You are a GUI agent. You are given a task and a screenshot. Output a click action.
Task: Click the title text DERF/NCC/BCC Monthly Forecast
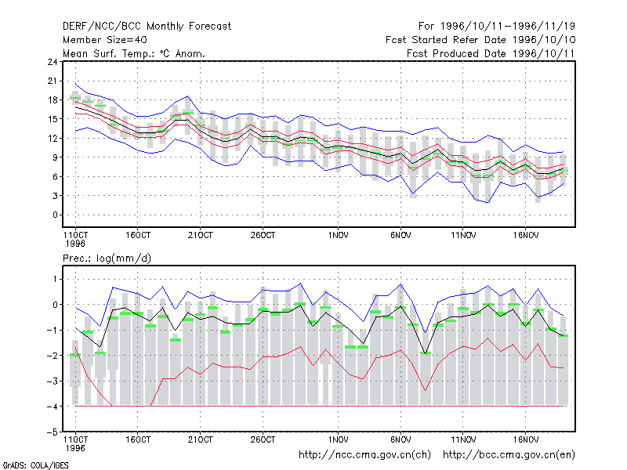click(x=147, y=27)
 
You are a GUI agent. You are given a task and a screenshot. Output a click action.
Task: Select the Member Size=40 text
click(x=105, y=40)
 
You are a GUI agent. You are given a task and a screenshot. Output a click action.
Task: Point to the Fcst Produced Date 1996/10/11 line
click(x=491, y=53)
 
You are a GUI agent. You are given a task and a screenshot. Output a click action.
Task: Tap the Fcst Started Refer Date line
click(x=480, y=40)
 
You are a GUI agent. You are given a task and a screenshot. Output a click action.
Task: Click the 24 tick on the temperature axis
click(x=53, y=62)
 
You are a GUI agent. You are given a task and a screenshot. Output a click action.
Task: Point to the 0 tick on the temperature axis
click(x=55, y=215)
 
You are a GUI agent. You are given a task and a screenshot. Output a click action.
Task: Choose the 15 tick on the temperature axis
click(x=53, y=119)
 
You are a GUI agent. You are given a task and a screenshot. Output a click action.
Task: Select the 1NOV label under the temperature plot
click(x=338, y=236)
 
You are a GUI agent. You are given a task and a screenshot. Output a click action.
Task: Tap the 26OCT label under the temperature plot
click(x=263, y=236)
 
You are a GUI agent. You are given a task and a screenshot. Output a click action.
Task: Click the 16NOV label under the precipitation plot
click(x=525, y=439)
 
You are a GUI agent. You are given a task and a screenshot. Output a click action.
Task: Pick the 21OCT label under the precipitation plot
click(x=201, y=439)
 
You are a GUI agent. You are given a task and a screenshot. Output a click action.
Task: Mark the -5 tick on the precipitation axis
click(x=53, y=432)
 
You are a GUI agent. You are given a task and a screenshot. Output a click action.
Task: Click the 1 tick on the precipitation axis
click(x=55, y=279)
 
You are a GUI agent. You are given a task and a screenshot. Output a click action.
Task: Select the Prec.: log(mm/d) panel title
click(x=107, y=258)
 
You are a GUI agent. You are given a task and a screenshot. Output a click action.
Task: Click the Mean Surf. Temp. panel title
click(x=133, y=53)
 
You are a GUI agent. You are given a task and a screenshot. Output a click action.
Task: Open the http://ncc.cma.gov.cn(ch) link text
click(x=364, y=455)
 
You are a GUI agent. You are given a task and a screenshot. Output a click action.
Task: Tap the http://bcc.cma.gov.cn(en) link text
click(x=509, y=455)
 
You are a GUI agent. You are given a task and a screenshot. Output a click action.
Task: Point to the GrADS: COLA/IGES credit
click(x=35, y=465)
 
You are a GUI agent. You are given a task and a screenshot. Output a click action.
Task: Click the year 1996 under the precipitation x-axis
click(x=75, y=448)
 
